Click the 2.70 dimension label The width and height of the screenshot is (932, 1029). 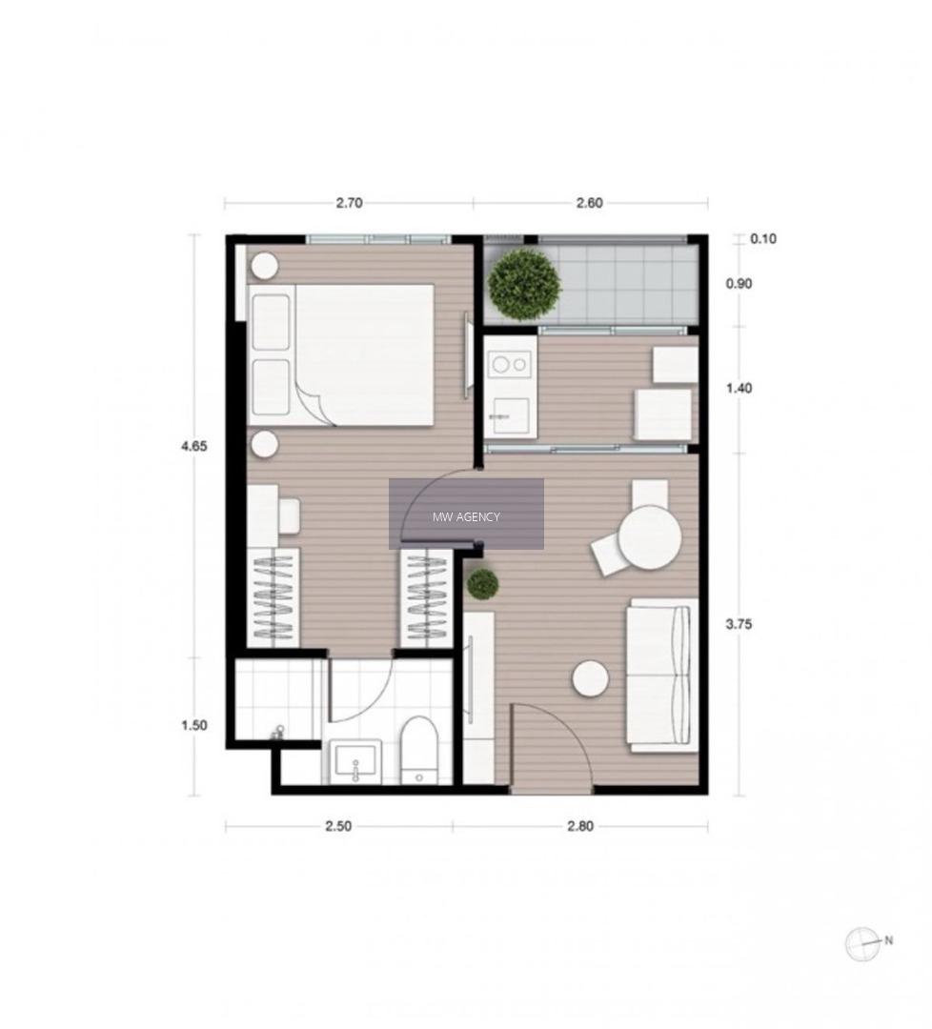coord(349,203)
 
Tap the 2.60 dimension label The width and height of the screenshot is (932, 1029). coord(589,203)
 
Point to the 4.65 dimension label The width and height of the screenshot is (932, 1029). coord(193,446)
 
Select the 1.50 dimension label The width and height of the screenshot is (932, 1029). coord(193,725)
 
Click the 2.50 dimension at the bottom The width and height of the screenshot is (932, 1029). coord(338,826)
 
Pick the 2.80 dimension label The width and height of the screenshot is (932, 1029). coord(580,826)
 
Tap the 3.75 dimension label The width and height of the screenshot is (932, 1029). coord(739,624)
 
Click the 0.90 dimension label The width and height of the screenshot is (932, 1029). coord(739,284)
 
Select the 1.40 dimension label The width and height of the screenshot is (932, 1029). coord(739,389)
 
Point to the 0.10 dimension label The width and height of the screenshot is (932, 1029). coord(762,239)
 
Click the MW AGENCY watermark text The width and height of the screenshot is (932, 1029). coord(466,517)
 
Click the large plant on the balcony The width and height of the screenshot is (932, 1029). coord(525,285)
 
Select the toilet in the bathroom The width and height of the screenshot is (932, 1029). coord(418,750)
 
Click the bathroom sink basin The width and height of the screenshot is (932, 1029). coord(355,761)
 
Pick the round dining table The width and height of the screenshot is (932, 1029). coord(650,536)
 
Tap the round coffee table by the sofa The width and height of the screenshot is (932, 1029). coord(590,678)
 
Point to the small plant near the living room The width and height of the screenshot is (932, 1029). coord(483,583)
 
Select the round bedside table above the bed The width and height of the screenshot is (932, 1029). coord(265,266)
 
